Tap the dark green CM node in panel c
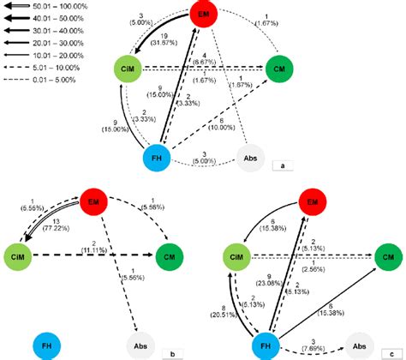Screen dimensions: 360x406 pos(388,255)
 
